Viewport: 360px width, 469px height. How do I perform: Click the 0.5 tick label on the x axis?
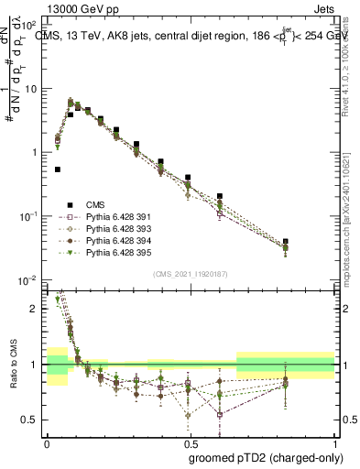click(x=191, y=442)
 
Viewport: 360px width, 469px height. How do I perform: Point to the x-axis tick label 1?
click(x=335, y=442)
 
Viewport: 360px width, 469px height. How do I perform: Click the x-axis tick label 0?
click(x=46, y=442)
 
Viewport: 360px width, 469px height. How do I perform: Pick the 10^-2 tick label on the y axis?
click(x=30, y=279)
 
